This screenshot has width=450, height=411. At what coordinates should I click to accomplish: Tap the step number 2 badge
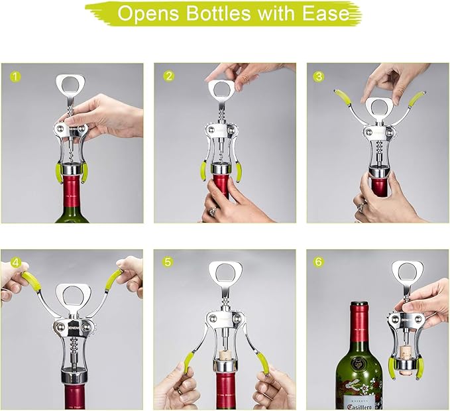[168, 76]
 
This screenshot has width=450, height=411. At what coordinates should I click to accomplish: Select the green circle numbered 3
[320, 76]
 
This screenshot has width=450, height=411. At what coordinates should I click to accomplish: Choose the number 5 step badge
[168, 261]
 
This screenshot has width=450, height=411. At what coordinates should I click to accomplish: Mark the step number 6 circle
[320, 261]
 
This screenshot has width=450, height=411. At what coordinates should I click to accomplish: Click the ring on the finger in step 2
[213, 211]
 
